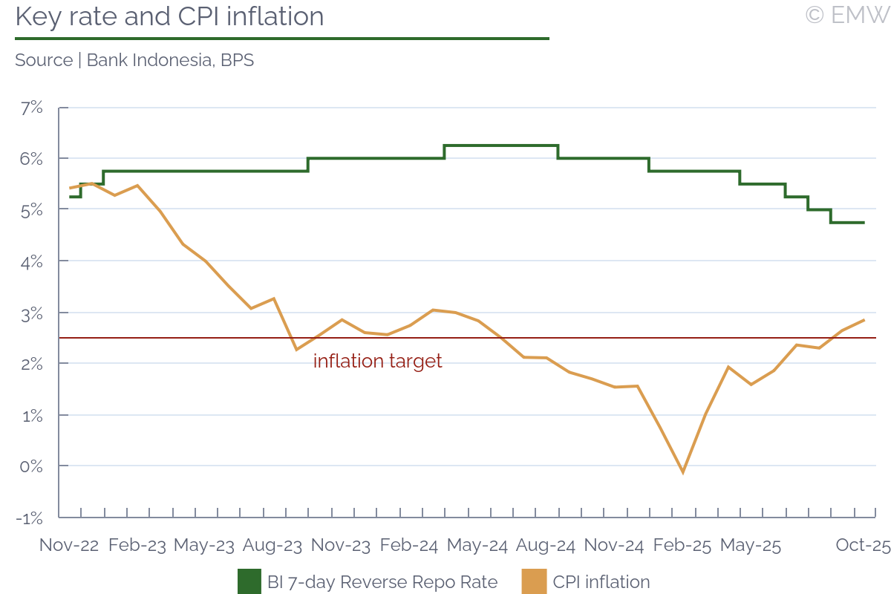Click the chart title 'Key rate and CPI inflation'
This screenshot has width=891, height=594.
point(169,16)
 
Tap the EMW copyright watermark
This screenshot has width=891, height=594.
point(846,14)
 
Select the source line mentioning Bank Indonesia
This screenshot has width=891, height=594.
point(134,60)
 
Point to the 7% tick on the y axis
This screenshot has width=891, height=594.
point(31,108)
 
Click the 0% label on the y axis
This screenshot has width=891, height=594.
point(31,466)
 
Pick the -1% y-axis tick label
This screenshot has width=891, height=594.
point(30,518)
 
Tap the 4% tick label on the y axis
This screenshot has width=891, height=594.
point(31,261)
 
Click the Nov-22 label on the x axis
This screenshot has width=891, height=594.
point(69,545)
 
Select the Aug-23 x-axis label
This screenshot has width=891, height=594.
point(272,545)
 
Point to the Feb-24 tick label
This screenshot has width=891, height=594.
point(409,545)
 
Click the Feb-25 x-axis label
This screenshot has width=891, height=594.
point(682,545)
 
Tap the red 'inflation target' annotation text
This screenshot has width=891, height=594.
point(377,362)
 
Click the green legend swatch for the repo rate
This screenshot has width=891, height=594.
point(249,581)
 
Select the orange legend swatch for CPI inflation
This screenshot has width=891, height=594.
point(535,581)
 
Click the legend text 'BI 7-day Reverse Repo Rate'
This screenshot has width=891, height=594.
point(382,582)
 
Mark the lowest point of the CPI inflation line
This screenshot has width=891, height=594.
point(683,472)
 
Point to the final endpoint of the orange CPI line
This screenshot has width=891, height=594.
point(864,320)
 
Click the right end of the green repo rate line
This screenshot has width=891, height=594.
point(864,223)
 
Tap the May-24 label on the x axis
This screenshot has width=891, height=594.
point(477,545)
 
